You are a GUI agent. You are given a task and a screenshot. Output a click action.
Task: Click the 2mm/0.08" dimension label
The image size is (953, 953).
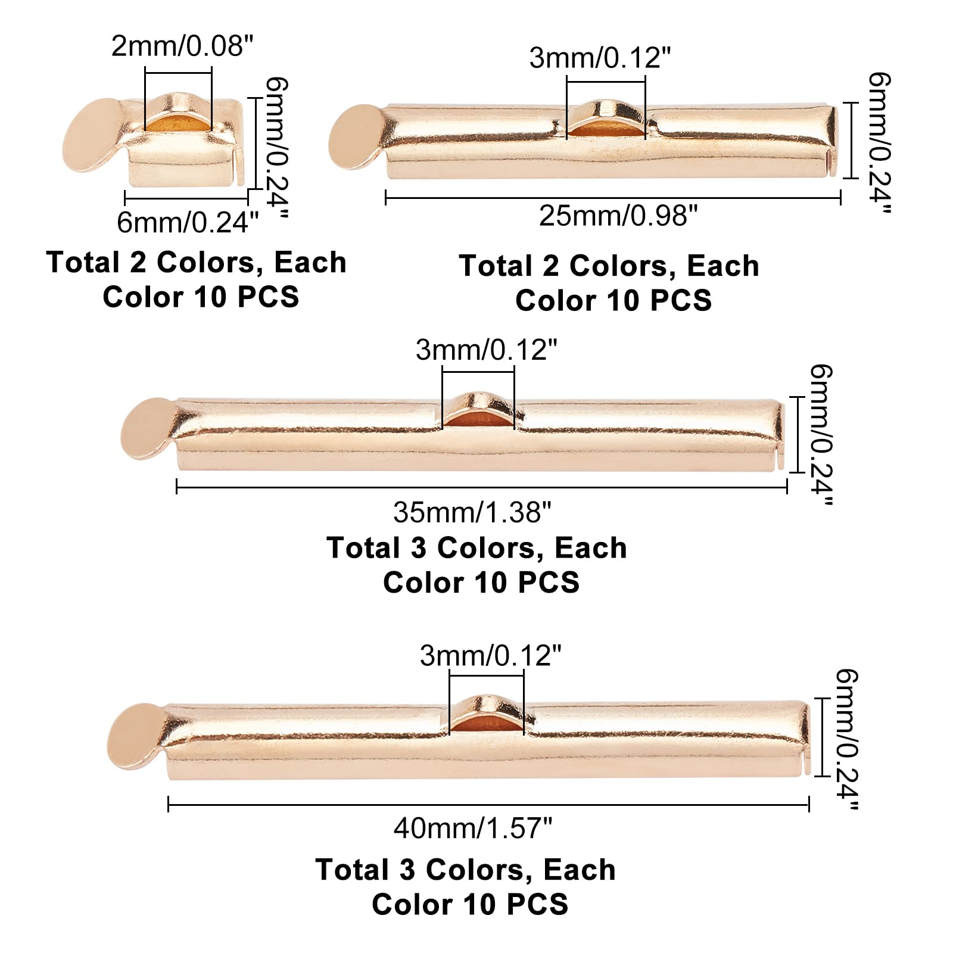click(x=182, y=46)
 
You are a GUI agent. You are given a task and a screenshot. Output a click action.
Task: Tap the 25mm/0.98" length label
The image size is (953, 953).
click(x=618, y=216)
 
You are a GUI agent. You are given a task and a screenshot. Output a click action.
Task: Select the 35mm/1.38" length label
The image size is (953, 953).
click(x=472, y=512)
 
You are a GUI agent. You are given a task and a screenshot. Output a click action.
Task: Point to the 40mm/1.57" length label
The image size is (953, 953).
click(x=473, y=828)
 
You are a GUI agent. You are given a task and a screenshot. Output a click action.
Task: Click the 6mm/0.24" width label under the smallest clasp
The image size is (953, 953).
click(x=188, y=222)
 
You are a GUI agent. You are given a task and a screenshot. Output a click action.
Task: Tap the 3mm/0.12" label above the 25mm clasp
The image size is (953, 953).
click(x=600, y=58)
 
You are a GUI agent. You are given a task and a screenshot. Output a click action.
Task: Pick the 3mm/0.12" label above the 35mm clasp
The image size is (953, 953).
click(x=486, y=350)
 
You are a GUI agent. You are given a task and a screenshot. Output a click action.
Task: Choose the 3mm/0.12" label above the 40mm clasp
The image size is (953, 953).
click(x=490, y=655)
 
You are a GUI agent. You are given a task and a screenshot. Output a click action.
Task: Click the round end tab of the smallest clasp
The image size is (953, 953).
click(x=89, y=136)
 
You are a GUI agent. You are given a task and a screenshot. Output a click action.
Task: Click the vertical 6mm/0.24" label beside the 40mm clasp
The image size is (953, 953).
click(x=846, y=739)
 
